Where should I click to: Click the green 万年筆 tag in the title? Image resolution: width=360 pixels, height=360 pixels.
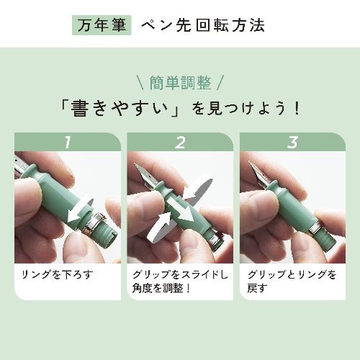pos(102,25)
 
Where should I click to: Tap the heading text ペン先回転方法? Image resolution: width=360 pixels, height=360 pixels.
pos(203,25)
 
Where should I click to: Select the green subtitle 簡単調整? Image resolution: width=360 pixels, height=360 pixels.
pos(180,83)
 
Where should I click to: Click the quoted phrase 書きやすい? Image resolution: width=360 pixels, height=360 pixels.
pos(120,109)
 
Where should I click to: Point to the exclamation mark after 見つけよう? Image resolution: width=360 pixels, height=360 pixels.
pos(297,109)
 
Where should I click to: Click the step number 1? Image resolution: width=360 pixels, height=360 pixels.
pos(68,143)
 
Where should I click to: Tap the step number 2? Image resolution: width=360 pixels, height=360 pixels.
pos(180,143)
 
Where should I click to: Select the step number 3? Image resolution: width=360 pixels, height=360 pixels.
pos(292,143)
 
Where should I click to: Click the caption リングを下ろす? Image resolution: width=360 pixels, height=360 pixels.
pos(58,275)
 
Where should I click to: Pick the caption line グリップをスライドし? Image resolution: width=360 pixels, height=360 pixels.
pos(180,275)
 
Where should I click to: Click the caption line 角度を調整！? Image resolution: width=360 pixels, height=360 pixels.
pos(161,288)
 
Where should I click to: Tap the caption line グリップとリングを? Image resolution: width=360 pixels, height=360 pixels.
pos(292,275)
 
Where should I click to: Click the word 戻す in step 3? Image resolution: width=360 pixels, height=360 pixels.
pos(257,288)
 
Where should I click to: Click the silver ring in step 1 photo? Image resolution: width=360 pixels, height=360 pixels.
pos(94,222)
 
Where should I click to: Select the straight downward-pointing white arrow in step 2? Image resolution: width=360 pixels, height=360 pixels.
pos(181,210)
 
